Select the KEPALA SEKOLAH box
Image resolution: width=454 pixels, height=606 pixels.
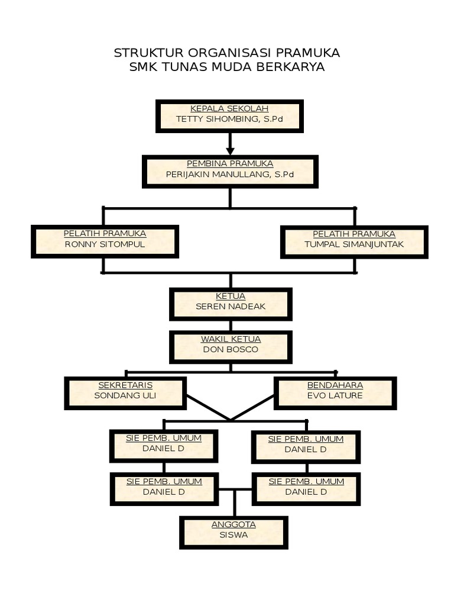pyautogui.click(x=229, y=115)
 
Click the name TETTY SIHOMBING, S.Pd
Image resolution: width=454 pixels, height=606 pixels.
pyautogui.click(x=229, y=119)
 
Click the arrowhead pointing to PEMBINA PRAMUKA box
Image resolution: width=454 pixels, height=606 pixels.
pyautogui.click(x=230, y=151)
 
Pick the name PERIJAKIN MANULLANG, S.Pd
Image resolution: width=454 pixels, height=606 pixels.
pyautogui.click(x=229, y=175)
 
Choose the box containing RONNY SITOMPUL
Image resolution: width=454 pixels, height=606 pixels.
pyautogui.click(x=105, y=241)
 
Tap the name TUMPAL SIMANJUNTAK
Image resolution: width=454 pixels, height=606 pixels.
pyautogui.click(x=354, y=244)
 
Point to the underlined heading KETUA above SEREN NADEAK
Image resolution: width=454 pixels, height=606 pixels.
pyautogui.click(x=231, y=296)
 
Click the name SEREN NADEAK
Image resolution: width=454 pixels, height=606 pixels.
pyautogui.click(x=231, y=307)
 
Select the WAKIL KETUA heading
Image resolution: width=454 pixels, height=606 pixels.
pyautogui.click(x=231, y=339)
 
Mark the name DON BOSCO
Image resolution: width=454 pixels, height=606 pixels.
pyautogui.click(x=231, y=349)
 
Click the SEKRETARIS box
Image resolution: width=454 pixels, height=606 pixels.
pyautogui.click(x=125, y=393)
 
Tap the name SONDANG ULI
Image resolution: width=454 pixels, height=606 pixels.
pyautogui.click(x=125, y=395)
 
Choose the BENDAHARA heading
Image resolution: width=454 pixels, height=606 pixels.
pyautogui.click(x=335, y=385)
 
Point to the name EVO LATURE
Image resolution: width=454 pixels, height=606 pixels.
pyautogui.click(x=335, y=395)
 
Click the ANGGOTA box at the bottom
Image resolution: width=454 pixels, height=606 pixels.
pyautogui.click(x=234, y=533)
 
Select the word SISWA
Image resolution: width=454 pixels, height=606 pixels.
pyautogui.click(x=234, y=535)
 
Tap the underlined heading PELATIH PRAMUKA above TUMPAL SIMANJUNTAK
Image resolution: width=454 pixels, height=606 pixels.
pyautogui.click(x=354, y=234)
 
